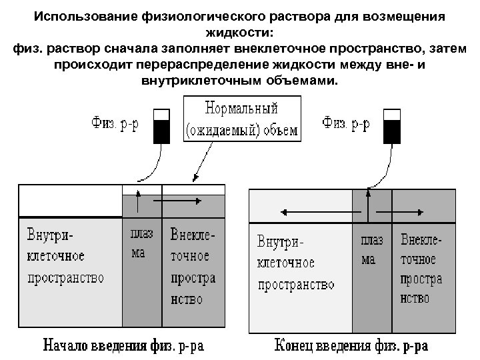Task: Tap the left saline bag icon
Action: (x=161, y=127)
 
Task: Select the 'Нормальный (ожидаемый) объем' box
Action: (x=241, y=118)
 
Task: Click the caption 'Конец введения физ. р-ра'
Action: (x=351, y=346)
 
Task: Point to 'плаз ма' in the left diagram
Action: (x=141, y=244)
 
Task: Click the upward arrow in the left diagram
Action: (x=138, y=200)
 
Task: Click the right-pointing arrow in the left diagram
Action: (x=182, y=200)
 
